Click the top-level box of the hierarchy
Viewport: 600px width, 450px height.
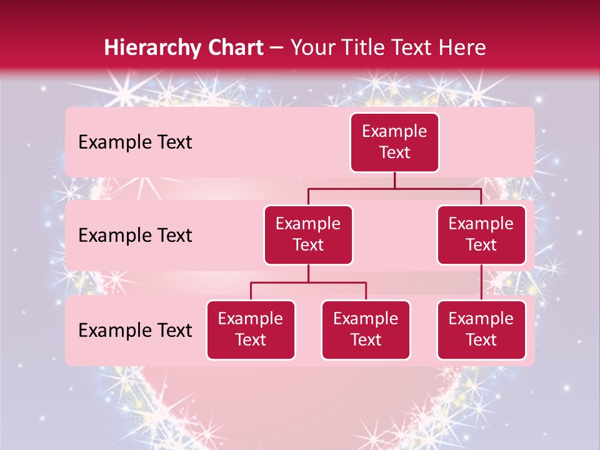point(394,142)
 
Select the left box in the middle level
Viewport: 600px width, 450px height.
point(308,235)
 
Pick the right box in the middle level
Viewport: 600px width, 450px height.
point(481,235)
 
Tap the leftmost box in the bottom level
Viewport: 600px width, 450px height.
point(251,330)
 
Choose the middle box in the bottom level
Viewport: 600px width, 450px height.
point(366,330)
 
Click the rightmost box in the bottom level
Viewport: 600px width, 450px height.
point(481,330)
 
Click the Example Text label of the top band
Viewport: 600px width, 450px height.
point(135,142)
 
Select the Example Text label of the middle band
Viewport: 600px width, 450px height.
point(135,236)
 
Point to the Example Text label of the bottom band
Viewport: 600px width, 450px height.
point(135,330)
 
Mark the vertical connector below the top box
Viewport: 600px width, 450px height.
point(394,180)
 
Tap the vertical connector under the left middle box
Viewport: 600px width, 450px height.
point(308,273)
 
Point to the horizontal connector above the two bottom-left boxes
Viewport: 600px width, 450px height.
point(308,282)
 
